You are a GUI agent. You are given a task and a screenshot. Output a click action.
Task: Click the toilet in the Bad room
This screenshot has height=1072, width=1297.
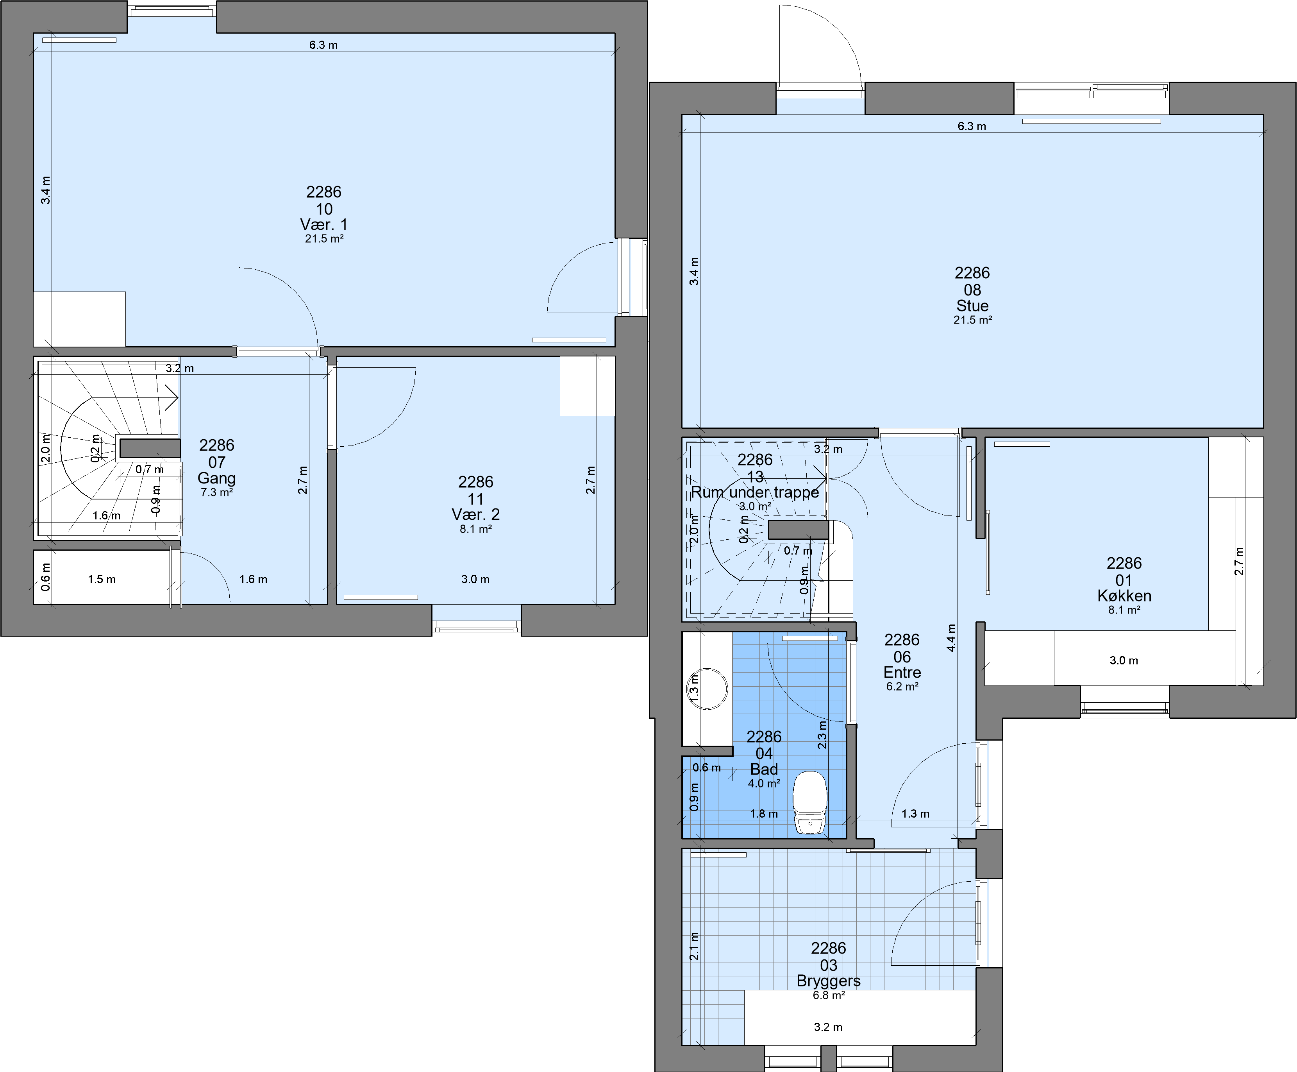(810, 802)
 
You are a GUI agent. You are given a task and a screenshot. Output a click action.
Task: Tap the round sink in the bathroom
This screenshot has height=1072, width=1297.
(708, 689)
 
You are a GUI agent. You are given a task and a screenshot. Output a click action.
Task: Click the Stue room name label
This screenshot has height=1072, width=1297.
(972, 306)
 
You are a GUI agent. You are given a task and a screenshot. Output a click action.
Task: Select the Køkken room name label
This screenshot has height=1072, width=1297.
(1124, 596)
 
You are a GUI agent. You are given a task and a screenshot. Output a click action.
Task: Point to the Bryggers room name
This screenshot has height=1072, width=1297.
(829, 981)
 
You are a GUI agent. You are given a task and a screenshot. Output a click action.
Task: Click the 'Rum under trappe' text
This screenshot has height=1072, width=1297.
(755, 492)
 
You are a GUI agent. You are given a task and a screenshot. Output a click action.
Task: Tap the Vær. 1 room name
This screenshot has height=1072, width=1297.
(324, 224)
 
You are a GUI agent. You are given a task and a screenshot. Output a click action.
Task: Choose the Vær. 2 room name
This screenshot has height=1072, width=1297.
(475, 514)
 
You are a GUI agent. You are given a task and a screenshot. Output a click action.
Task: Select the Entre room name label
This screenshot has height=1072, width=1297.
(902, 673)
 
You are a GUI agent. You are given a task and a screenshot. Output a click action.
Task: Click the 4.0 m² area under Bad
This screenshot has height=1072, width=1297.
(764, 784)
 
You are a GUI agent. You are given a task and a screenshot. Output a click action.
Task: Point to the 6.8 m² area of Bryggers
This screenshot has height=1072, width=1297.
(829, 995)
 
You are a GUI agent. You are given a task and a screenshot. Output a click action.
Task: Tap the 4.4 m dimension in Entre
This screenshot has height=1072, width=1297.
(951, 637)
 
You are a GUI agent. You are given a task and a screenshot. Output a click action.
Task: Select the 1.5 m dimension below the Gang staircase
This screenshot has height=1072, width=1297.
(102, 579)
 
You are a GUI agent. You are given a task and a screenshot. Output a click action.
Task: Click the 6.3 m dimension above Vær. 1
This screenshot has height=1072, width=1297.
(323, 45)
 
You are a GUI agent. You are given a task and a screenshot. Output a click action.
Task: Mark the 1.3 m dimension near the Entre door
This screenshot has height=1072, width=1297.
(915, 814)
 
